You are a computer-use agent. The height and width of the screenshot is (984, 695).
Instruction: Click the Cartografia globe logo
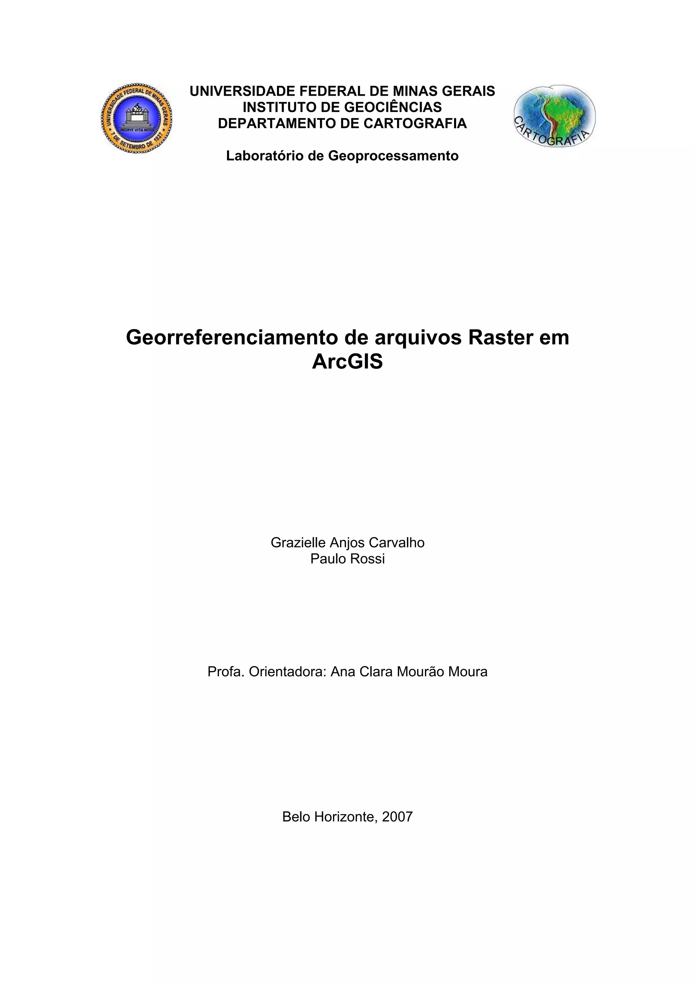pos(555,116)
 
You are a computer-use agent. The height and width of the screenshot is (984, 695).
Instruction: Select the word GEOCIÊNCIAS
pos(393,107)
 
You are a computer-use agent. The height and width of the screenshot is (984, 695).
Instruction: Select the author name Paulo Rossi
pos(347,559)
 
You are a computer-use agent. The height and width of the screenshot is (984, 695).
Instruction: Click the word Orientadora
pos(288,672)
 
